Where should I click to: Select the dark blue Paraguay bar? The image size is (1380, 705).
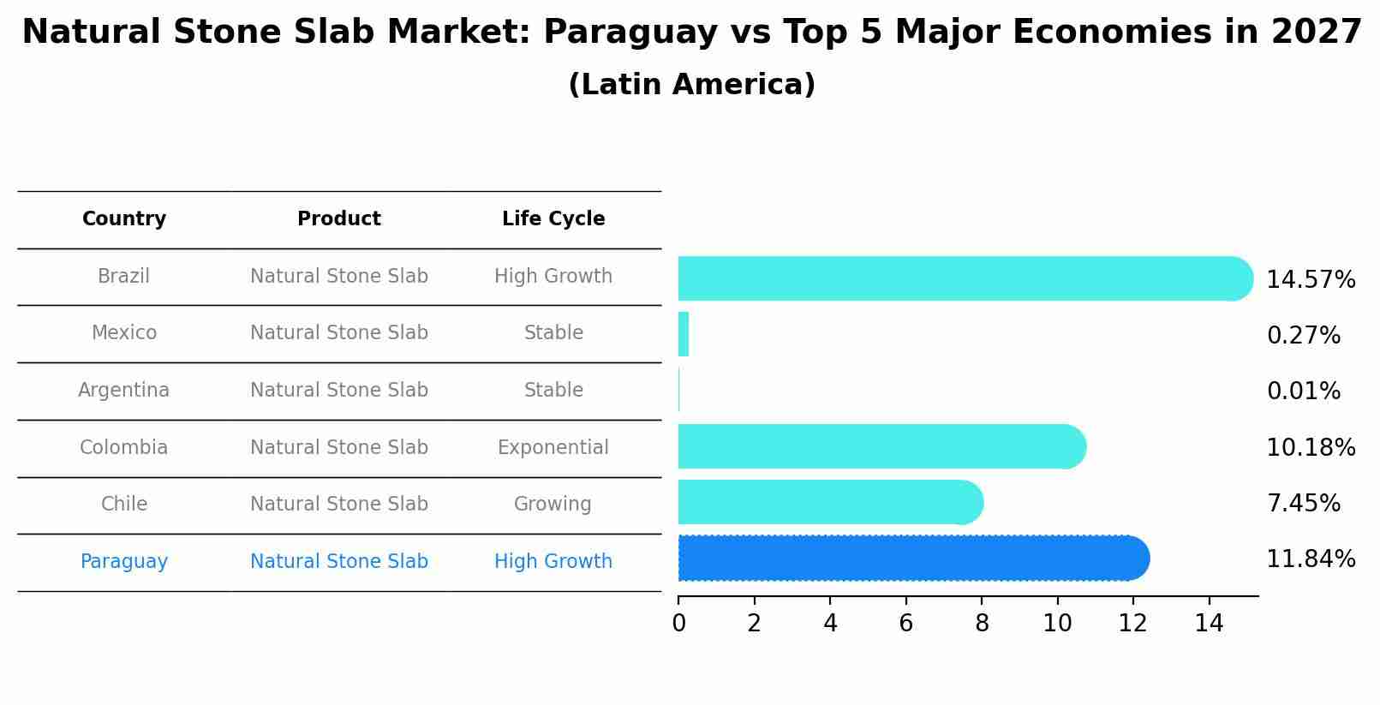point(912,559)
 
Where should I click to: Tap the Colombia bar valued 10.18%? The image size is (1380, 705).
point(881,446)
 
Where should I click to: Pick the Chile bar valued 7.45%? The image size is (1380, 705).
point(829,502)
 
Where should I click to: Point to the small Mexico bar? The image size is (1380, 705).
point(684,334)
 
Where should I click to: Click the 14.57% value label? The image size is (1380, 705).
point(1310,280)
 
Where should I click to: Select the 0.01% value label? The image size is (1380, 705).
point(1303,391)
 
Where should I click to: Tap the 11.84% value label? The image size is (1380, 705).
point(1310,559)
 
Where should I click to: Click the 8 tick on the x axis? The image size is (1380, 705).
point(982,624)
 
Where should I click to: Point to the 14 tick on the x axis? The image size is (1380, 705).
point(1209,624)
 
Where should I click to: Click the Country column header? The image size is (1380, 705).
point(124,219)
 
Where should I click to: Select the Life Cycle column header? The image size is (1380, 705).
point(553,219)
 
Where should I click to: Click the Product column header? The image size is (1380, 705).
point(339,219)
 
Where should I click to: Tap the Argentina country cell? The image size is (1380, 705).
point(124,391)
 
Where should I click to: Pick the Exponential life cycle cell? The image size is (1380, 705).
point(553,448)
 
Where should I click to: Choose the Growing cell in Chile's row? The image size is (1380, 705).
point(553,505)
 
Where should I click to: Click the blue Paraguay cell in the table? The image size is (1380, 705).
point(124,562)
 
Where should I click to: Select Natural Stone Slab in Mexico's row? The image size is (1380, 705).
point(339,333)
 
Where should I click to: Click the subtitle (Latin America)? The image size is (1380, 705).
point(691,85)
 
